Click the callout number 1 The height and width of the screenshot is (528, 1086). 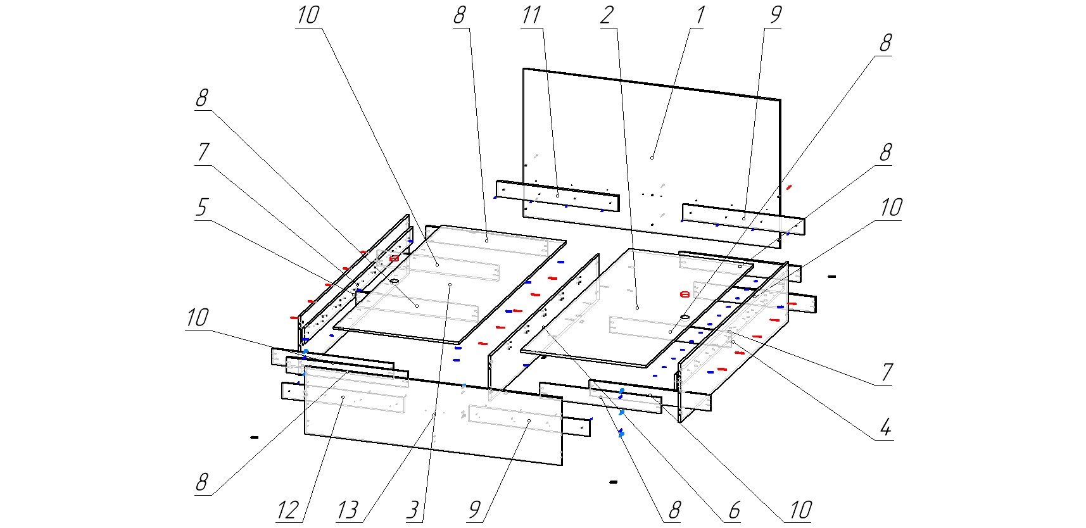pos(698,15)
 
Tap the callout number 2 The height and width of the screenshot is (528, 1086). pos(607,15)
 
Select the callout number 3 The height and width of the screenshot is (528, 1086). pos(413,510)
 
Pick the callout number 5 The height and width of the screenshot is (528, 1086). pos(202,207)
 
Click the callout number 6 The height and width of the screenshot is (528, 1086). pos(734,510)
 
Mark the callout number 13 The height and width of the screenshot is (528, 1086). pos(348,510)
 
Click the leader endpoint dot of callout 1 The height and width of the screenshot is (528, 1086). pos(652,158)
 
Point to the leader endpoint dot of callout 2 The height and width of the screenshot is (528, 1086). pos(637,307)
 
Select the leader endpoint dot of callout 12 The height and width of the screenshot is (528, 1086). pos(343,397)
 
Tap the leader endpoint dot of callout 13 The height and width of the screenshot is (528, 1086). pos(434,415)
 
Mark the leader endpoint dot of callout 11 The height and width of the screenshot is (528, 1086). pos(557,196)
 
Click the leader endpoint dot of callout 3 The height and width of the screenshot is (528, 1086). pos(450,285)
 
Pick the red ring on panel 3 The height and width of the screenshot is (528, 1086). pos(394,258)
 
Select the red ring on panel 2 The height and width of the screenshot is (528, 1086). pos(684,294)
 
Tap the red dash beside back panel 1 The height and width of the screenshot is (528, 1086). pos(788,187)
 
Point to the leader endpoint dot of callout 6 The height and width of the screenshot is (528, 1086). pos(544,327)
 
